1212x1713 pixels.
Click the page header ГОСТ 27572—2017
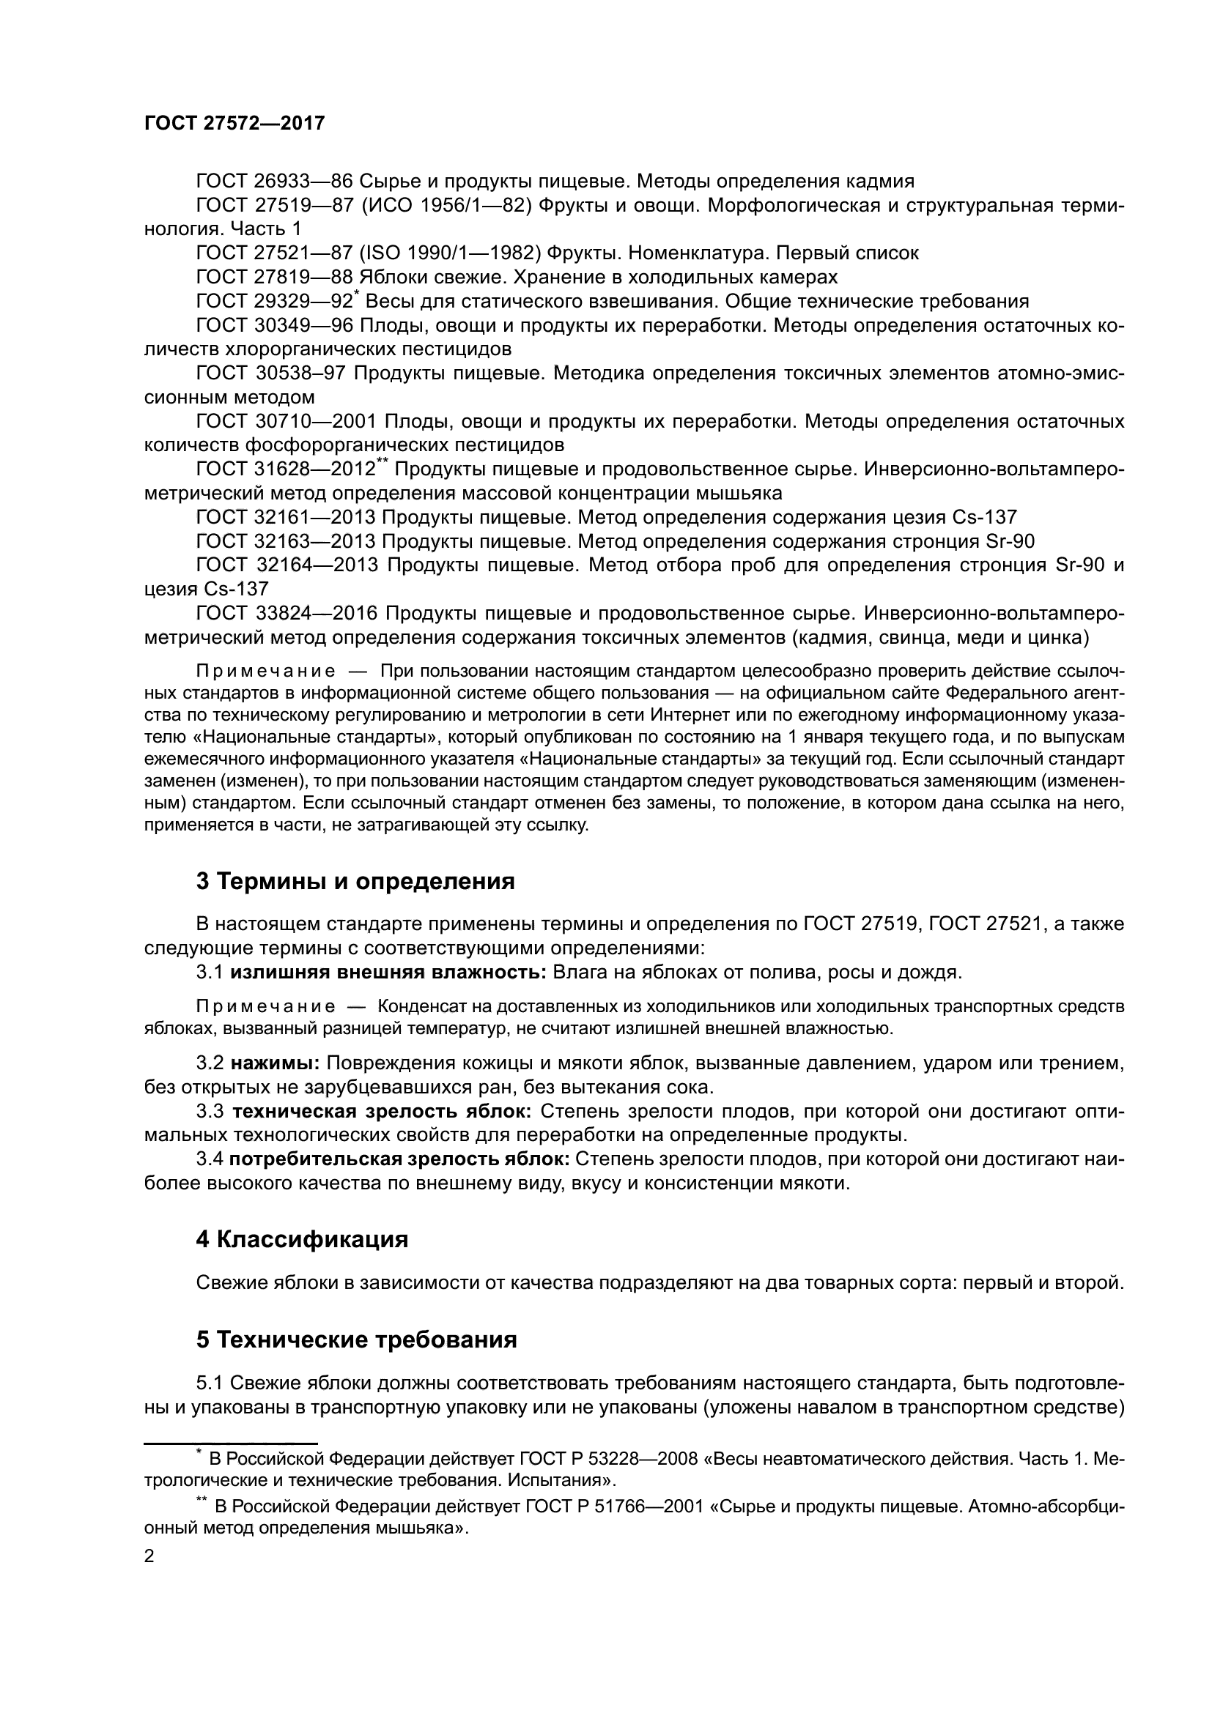[x=234, y=123]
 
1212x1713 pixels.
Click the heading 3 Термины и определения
[x=355, y=881]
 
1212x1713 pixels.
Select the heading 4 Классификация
[x=302, y=1239]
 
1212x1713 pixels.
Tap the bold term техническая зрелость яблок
[x=381, y=1111]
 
